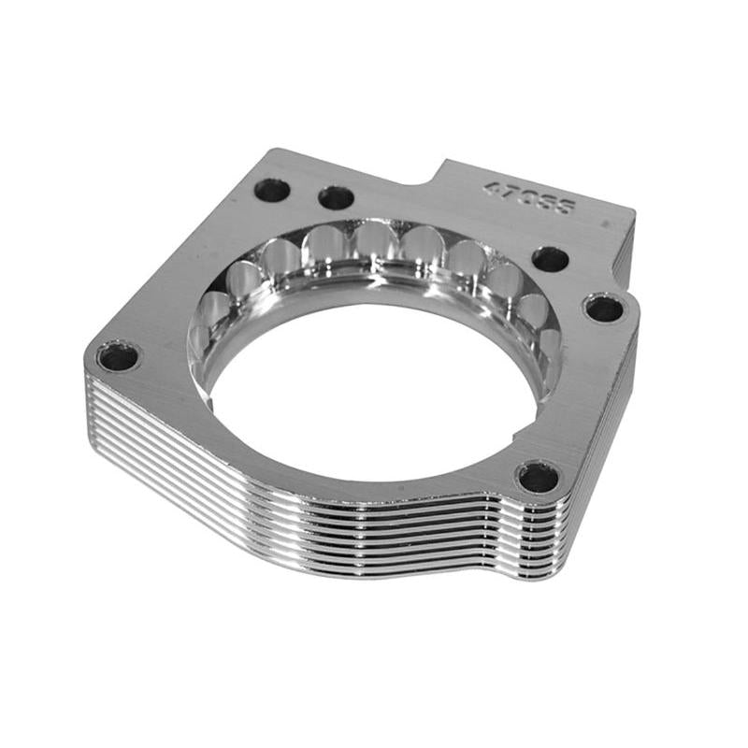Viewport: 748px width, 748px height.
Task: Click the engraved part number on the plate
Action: pos(527,197)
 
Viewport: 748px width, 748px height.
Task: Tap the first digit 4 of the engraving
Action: pos(490,187)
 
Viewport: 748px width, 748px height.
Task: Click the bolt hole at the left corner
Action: pos(118,355)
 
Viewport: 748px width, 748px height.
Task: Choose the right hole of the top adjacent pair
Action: pos(336,198)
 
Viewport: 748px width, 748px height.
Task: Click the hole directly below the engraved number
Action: pos(550,259)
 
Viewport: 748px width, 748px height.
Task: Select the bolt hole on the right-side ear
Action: pos(603,307)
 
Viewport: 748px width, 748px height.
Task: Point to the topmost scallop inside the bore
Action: pos(374,245)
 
